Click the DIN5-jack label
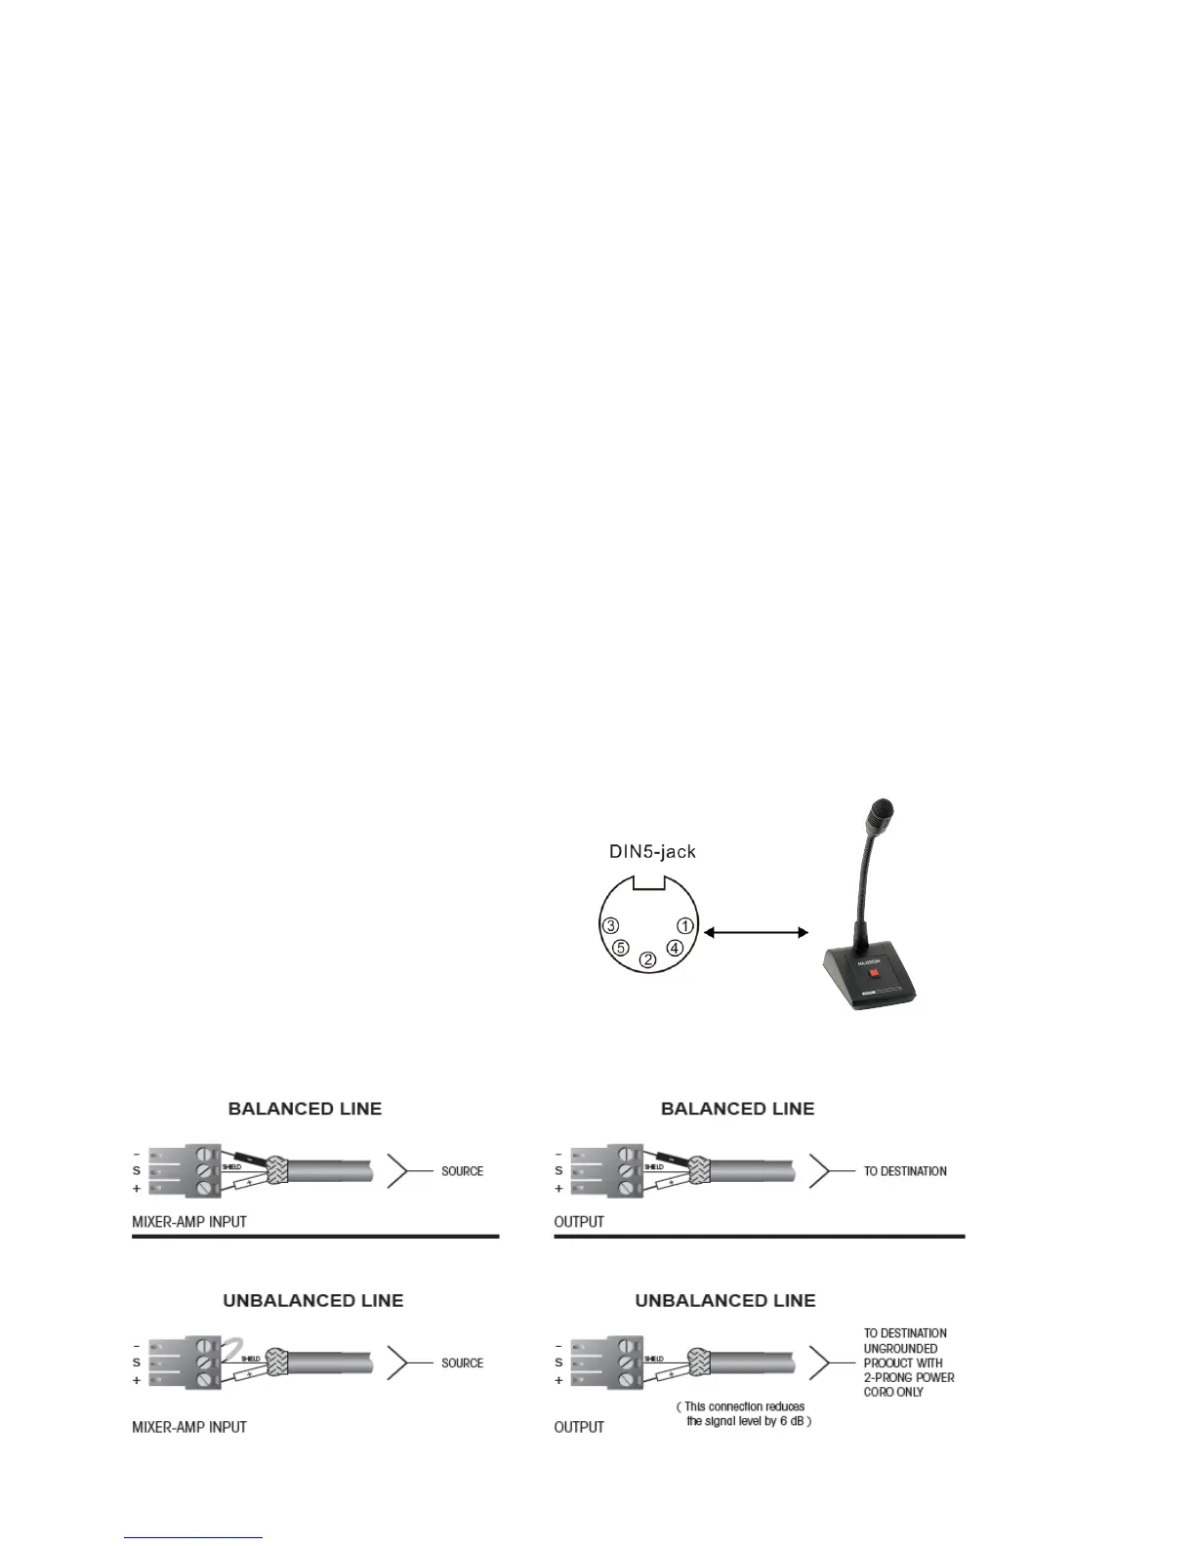pyautogui.click(x=652, y=851)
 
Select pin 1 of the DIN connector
pyautogui.click(x=685, y=925)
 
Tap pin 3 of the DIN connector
pyautogui.click(x=610, y=925)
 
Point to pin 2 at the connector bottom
pyautogui.click(x=647, y=960)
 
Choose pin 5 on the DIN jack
pyautogui.click(x=620, y=948)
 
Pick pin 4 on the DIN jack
pyautogui.click(x=675, y=948)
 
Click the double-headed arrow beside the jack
pyautogui.click(x=756, y=933)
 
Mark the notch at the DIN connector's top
pyautogui.click(x=647, y=884)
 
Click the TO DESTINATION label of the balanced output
pyautogui.click(x=905, y=1171)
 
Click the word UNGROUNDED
pyautogui.click(x=900, y=1348)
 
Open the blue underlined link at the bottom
pyautogui.click(x=193, y=1538)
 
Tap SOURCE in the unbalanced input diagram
pyautogui.click(x=462, y=1363)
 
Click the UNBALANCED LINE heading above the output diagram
pyautogui.click(x=724, y=1300)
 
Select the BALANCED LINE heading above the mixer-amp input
pyautogui.click(x=305, y=1109)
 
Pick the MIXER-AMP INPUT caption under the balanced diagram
pyautogui.click(x=189, y=1222)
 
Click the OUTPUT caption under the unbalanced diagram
pyautogui.click(x=579, y=1427)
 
